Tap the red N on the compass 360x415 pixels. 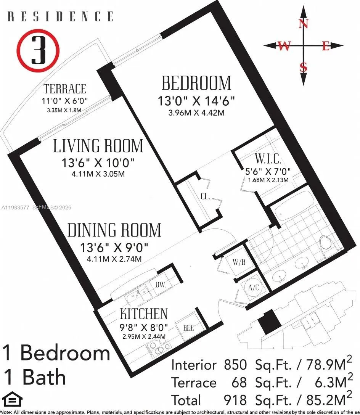(x=304, y=24)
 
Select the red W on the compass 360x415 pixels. (x=284, y=46)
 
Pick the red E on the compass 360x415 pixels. (x=325, y=46)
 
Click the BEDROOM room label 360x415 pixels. (x=196, y=83)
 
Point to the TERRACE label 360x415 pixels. (x=65, y=89)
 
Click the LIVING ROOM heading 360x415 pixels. (x=98, y=146)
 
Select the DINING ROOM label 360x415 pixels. (x=114, y=230)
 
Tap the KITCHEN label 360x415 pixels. (x=144, y=314)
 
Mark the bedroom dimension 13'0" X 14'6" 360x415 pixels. (x=196, y=101)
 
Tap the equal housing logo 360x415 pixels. (x=12, y=401)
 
